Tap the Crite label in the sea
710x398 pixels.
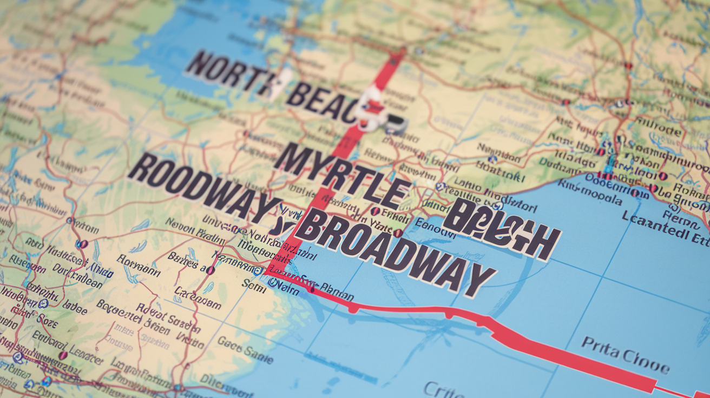point(444,389)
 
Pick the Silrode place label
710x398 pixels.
point(658,130)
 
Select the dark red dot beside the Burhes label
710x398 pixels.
point(210,269)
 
